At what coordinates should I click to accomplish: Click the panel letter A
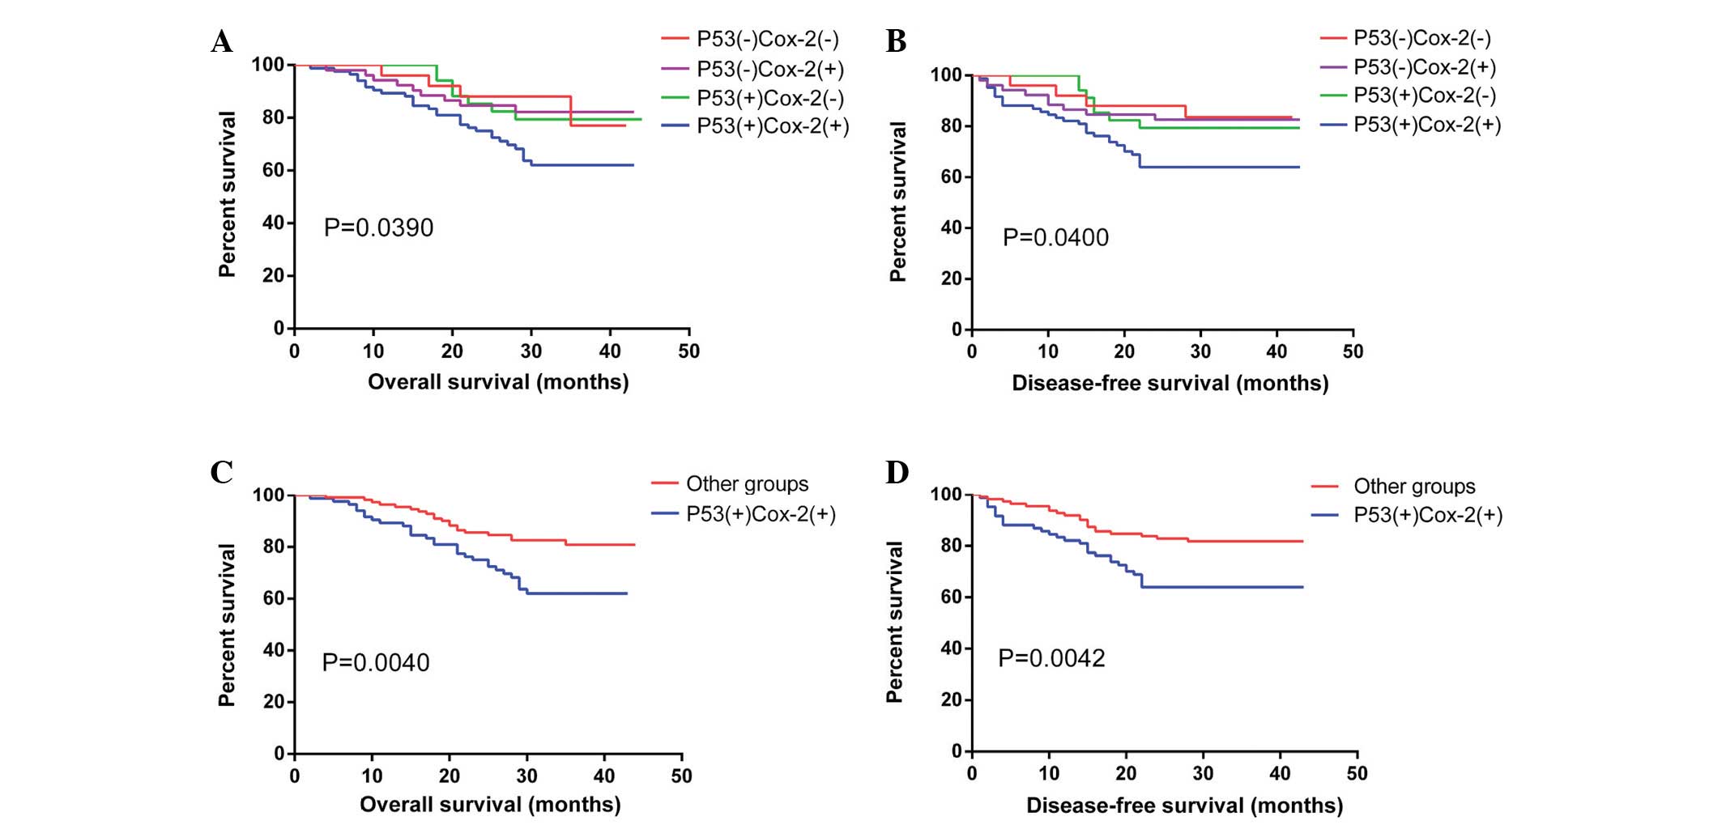pos(221,41)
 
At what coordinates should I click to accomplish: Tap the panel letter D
pos(897,472)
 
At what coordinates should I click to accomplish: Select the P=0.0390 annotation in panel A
pos(378,228)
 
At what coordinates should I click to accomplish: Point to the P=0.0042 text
pos(1051,658)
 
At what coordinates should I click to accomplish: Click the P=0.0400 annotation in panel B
pos(1055,237)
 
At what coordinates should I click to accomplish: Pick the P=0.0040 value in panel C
pos(376,663)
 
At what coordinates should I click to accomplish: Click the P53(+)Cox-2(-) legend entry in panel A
pos(769,98)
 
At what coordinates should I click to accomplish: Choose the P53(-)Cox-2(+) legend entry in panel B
pos(1424,67)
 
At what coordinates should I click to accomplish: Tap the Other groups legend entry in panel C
pos(746,484)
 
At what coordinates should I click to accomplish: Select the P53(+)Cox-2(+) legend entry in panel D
pos(1427,515)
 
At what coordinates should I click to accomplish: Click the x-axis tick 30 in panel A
pos(531,351)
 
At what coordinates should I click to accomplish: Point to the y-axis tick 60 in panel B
pos(951,176)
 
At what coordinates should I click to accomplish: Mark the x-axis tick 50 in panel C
pos(681,776)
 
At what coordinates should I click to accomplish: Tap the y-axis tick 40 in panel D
pos(951,648)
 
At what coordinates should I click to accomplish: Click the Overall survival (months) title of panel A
pos(498,382)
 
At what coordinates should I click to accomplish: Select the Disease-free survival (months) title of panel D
pos(1184,806)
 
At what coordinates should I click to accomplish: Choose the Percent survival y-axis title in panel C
pos(227,624)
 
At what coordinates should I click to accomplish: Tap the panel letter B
pos(896,41)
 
